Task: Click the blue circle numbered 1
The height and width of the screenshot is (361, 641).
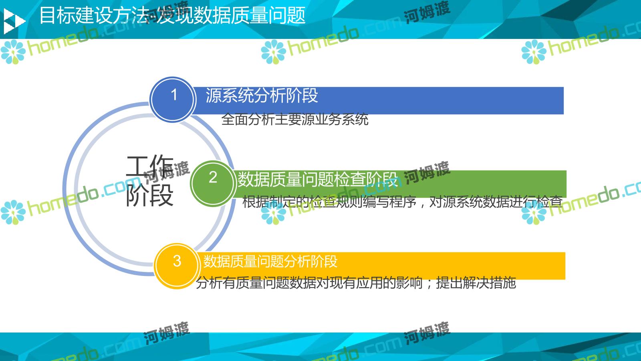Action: click(x=173, y=99)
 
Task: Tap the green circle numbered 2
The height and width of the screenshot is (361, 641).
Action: click(x=213, y=183)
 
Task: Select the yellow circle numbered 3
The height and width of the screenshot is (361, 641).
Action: click(x=177, y=266)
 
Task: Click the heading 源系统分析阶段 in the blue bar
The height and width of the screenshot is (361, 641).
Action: click(x=262, y=95)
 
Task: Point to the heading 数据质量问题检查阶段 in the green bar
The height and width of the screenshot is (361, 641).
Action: click(x=318, y=179)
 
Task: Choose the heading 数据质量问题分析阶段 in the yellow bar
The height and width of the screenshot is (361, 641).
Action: click(x=270, y=261)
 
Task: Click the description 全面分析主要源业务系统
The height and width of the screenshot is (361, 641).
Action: click(x=295, y=120)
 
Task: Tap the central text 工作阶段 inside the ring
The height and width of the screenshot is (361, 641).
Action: click(x=150, y=181)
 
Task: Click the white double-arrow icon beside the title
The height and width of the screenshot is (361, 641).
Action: click(x=14, y=21)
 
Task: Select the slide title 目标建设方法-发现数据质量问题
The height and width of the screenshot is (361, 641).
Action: click(x=173, y=15)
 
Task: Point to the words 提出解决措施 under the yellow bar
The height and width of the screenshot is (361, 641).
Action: click(x=476, y=283)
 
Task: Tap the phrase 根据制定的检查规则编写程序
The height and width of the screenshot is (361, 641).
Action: click(x=329, y=202)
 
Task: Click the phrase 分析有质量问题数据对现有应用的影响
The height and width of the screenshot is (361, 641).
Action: click(x=309, y=283)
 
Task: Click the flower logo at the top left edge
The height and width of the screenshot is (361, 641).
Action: click(x=13, y=52)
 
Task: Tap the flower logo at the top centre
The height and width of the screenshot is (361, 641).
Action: click(x=273, y=52)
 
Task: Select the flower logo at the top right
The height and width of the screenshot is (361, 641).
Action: click(x=534, y=52)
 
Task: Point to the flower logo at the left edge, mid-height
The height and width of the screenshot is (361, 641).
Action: click(x=13, y=212)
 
